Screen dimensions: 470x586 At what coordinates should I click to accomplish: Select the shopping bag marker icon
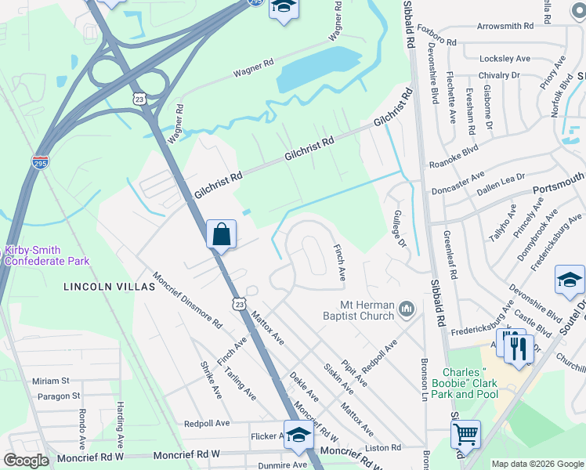click(x=222, y=235)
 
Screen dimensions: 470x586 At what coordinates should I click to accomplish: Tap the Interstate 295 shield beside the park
click(x=41, y=162)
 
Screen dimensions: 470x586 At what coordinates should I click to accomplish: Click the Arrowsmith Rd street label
click(x=505, y=27)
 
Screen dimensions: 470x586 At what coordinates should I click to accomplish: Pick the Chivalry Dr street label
click(x=499, y=75)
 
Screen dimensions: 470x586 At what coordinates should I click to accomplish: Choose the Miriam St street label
click(x=51, y=381)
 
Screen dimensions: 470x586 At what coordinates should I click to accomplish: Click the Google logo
click(x=26, y=461)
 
